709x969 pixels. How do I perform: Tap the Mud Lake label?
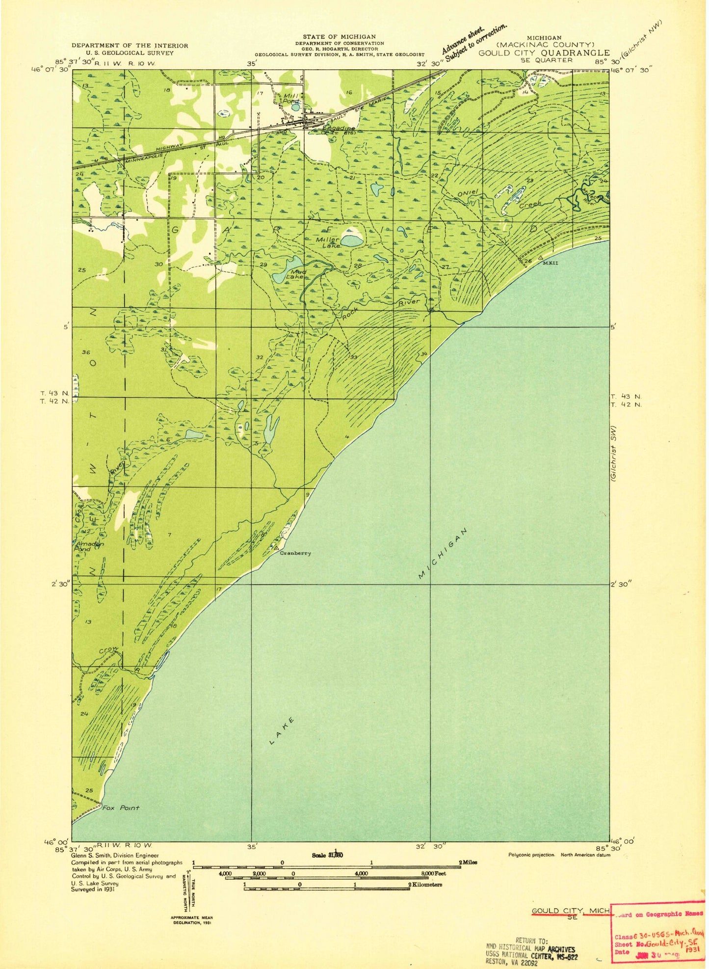pyautogui.click(x=299, y=274)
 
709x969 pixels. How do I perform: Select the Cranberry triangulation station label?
pyautogui.click(x=295, y=553)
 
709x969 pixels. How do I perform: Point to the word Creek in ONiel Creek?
pyautogui.click(x=530, y=204)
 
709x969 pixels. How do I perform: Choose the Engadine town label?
pyautogui.click(x=330, y=129)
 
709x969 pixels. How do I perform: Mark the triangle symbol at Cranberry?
pyautogui.click(x=276, y=547)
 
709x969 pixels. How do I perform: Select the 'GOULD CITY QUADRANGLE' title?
pyautogui.click(x=544, y=53)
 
